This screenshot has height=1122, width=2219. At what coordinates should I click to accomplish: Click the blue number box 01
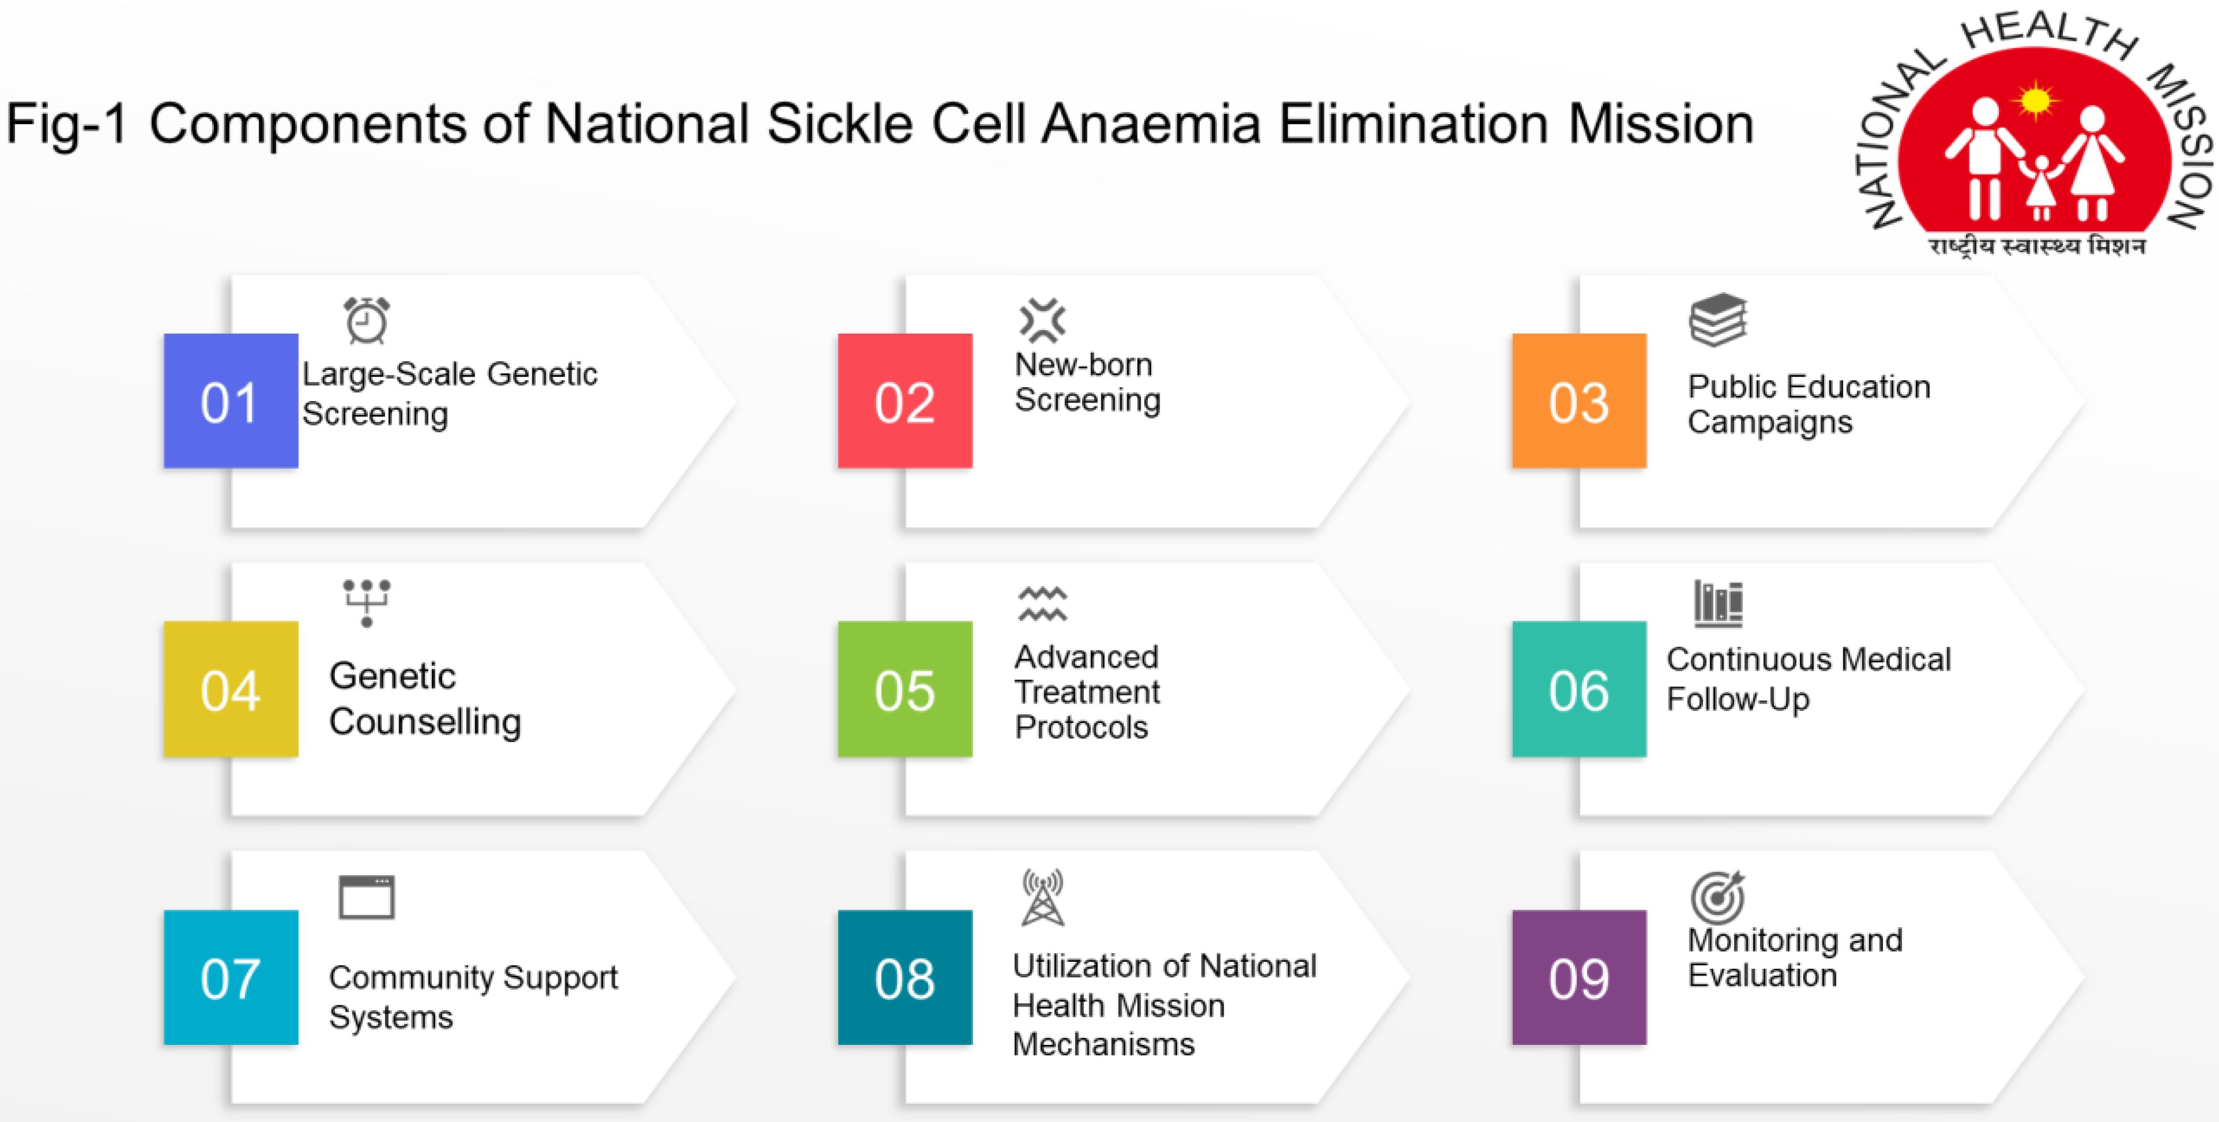click(x=231, y=401)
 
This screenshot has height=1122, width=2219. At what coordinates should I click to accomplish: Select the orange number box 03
click(x=1579, y=401)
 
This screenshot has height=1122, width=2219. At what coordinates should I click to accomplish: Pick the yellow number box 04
click(x=231, y=689)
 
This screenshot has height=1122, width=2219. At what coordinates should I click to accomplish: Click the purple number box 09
click(x=1579, y=977)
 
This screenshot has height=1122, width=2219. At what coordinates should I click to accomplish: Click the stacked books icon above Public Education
click(x=1718, y=320)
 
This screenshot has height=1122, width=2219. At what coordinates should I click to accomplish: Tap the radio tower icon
click(x=1042, y=897)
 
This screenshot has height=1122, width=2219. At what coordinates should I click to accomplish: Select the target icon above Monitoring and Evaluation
click(x=1718, y=896)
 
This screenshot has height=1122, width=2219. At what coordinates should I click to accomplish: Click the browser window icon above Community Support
click(x=367, y=897)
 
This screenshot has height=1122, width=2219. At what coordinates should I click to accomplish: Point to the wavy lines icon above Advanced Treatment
click(x=1042, y=604)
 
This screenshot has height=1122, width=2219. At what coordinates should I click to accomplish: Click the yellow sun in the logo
click(x=2036, y=101)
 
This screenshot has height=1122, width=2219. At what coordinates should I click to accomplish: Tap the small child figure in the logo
click(x=2041, y=187)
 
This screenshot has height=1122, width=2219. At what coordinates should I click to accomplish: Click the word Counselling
click(x=425, y=722)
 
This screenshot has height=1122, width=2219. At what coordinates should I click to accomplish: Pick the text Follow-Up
click(x=1738, y=699)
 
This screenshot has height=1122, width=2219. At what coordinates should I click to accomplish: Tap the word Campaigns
click(x=1770, y=423)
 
